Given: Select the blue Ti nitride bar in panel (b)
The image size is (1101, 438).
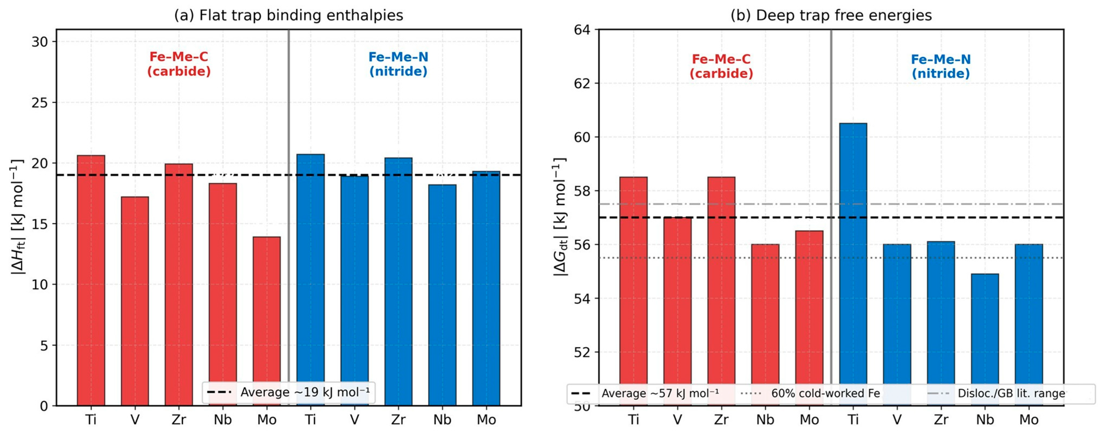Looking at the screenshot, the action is tap(853, 264).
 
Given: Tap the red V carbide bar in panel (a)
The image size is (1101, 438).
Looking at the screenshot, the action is tap(135, 301).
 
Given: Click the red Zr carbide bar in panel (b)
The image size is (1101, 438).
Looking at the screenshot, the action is tap(721, 291).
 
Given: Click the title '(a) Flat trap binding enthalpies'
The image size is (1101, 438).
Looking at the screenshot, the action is tap(288, 15).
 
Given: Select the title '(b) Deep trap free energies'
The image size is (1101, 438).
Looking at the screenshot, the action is tap(831, 15).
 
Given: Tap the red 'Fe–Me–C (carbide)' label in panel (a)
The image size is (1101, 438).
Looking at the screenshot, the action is tap(179, 64).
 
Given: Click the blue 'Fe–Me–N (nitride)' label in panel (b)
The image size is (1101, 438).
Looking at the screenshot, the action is tap(941, 66).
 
